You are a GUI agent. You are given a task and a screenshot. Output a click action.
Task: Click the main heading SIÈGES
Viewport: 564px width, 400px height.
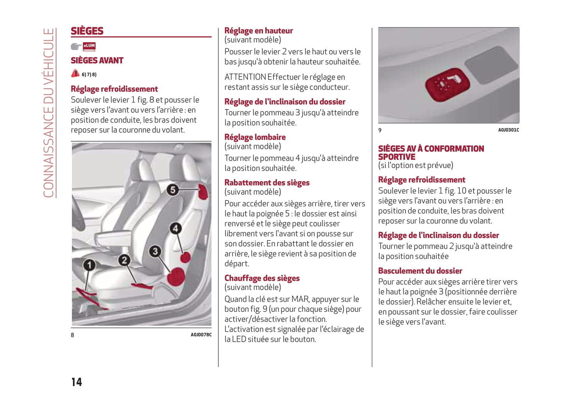(87, 31)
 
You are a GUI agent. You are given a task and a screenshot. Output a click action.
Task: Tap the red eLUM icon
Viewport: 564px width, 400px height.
(89, 46)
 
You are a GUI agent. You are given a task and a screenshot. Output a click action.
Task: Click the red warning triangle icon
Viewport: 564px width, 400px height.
(75, 73)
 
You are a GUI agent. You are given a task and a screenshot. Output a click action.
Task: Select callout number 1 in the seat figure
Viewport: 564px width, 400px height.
(89, 265)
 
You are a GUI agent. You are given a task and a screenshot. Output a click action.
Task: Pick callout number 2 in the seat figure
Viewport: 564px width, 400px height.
(124, 260)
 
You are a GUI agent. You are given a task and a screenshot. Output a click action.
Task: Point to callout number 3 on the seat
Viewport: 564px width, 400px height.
(155, 251)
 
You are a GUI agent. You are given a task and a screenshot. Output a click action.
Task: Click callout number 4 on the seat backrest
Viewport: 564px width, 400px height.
(175, 228)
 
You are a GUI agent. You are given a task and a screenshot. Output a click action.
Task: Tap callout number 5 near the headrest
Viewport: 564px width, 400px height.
(173, 190)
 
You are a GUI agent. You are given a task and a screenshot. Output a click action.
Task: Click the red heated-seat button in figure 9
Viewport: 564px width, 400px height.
(447, 83)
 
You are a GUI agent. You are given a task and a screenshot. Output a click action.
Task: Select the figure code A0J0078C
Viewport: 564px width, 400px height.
(201, 335)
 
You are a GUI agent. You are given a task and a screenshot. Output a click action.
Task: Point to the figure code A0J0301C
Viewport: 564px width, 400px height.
(508, 130)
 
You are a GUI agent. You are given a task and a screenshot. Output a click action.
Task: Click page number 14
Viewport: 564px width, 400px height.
(77, 382)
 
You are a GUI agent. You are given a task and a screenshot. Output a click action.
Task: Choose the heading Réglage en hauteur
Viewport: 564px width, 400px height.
(258, 31)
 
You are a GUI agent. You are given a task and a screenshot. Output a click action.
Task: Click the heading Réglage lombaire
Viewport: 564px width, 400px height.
(255, 137)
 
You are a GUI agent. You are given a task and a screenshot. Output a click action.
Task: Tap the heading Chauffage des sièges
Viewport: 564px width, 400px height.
(262, 278)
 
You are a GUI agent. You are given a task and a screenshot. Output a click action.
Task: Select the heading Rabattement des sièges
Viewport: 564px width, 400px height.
(267, 182)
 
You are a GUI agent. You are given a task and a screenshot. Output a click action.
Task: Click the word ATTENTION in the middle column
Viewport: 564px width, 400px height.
(245, 77)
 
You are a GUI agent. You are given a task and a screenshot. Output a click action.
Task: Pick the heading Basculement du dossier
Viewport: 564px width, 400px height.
(420, 271)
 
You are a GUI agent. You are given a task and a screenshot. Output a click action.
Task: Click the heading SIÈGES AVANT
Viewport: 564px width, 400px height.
(97, 60)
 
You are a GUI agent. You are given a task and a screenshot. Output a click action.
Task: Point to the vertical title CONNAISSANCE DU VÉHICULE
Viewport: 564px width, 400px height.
(48, 113)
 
